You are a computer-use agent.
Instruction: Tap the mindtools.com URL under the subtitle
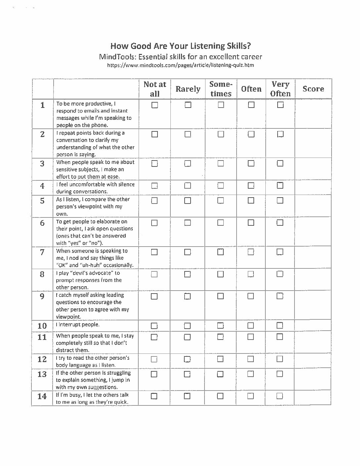[180, 65]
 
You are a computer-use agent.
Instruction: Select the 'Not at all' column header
[155, 89]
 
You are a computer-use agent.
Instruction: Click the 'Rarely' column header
[188, 89]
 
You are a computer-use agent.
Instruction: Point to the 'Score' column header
[313, 89]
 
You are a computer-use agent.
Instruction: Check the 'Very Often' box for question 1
[280, 105]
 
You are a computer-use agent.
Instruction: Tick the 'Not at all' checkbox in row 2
[155, 134]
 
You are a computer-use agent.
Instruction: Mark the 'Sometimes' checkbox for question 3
[221, 163]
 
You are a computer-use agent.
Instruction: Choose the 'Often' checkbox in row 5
[251, 201]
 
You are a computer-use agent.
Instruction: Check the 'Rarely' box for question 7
[187, 252]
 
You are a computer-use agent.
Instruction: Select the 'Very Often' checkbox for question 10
[280, 325]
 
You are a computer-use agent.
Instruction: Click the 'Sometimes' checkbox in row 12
[220, 359]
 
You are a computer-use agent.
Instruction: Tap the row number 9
[42, 296]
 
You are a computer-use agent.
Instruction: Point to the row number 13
[42, 374]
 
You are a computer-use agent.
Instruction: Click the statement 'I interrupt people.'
[78, 325]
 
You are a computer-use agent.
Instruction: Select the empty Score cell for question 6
[313, 231]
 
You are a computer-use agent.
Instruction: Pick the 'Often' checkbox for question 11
[250, 337]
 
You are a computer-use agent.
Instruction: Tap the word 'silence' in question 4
[126, 184]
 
